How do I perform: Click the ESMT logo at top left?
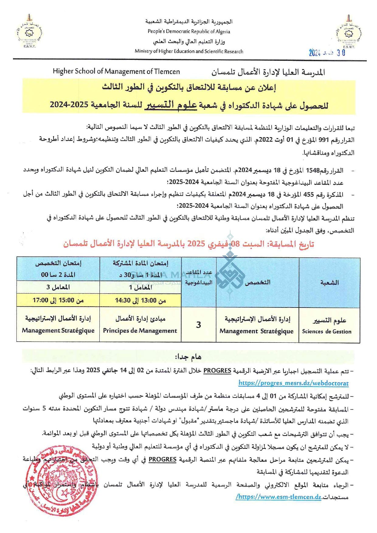[x=29, y=32]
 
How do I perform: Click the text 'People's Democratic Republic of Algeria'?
[x=189, y=31]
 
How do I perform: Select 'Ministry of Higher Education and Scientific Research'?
[x=189, y=51]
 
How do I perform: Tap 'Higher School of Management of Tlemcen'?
[x=116, y=71]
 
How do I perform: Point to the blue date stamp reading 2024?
[x=327, y=53]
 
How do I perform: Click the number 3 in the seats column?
[x=199, y=325]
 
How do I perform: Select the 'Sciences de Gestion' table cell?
[x=327, y=332]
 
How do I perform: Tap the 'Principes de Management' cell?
[x=140, y=331]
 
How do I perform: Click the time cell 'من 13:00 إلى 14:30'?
[x=140, y=300]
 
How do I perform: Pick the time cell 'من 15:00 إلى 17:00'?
[x=58, y=300]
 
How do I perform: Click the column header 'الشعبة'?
[x=329, y=283]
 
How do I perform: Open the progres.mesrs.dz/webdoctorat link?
[x=293, y=383]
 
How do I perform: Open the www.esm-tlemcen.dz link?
[x=279, y=497]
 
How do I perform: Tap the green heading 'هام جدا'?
[x=188, y=357]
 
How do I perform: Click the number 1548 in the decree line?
[x=313, y=170]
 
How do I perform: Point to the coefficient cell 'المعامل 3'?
[x=58, y=287]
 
